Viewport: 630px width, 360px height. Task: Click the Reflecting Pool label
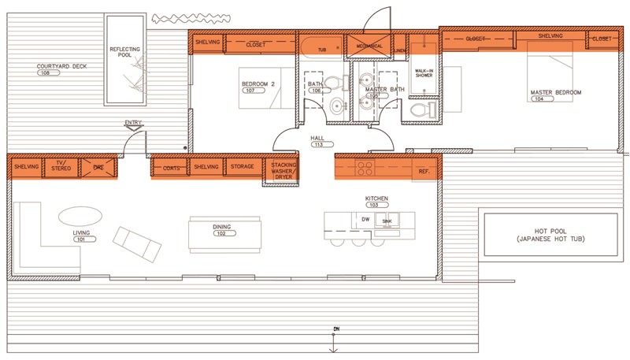(x=125, y=51)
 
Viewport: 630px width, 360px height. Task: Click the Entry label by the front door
(x=132, y=123)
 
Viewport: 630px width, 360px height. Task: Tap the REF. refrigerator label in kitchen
(x=423, y=171)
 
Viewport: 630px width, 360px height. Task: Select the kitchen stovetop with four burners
(x=365, y=167)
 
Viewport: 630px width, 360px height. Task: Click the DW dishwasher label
(x=365, y=218)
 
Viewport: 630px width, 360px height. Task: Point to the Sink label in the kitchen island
(x=387, y=223)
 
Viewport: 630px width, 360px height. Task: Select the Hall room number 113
(x=318, y=145)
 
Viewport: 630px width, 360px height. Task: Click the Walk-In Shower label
(x=424, y=73)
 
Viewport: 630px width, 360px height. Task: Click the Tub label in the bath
(x=322, y=49)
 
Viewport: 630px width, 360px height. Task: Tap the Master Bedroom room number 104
(x=543, y=99)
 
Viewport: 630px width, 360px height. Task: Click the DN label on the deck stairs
(x=333, y=329)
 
